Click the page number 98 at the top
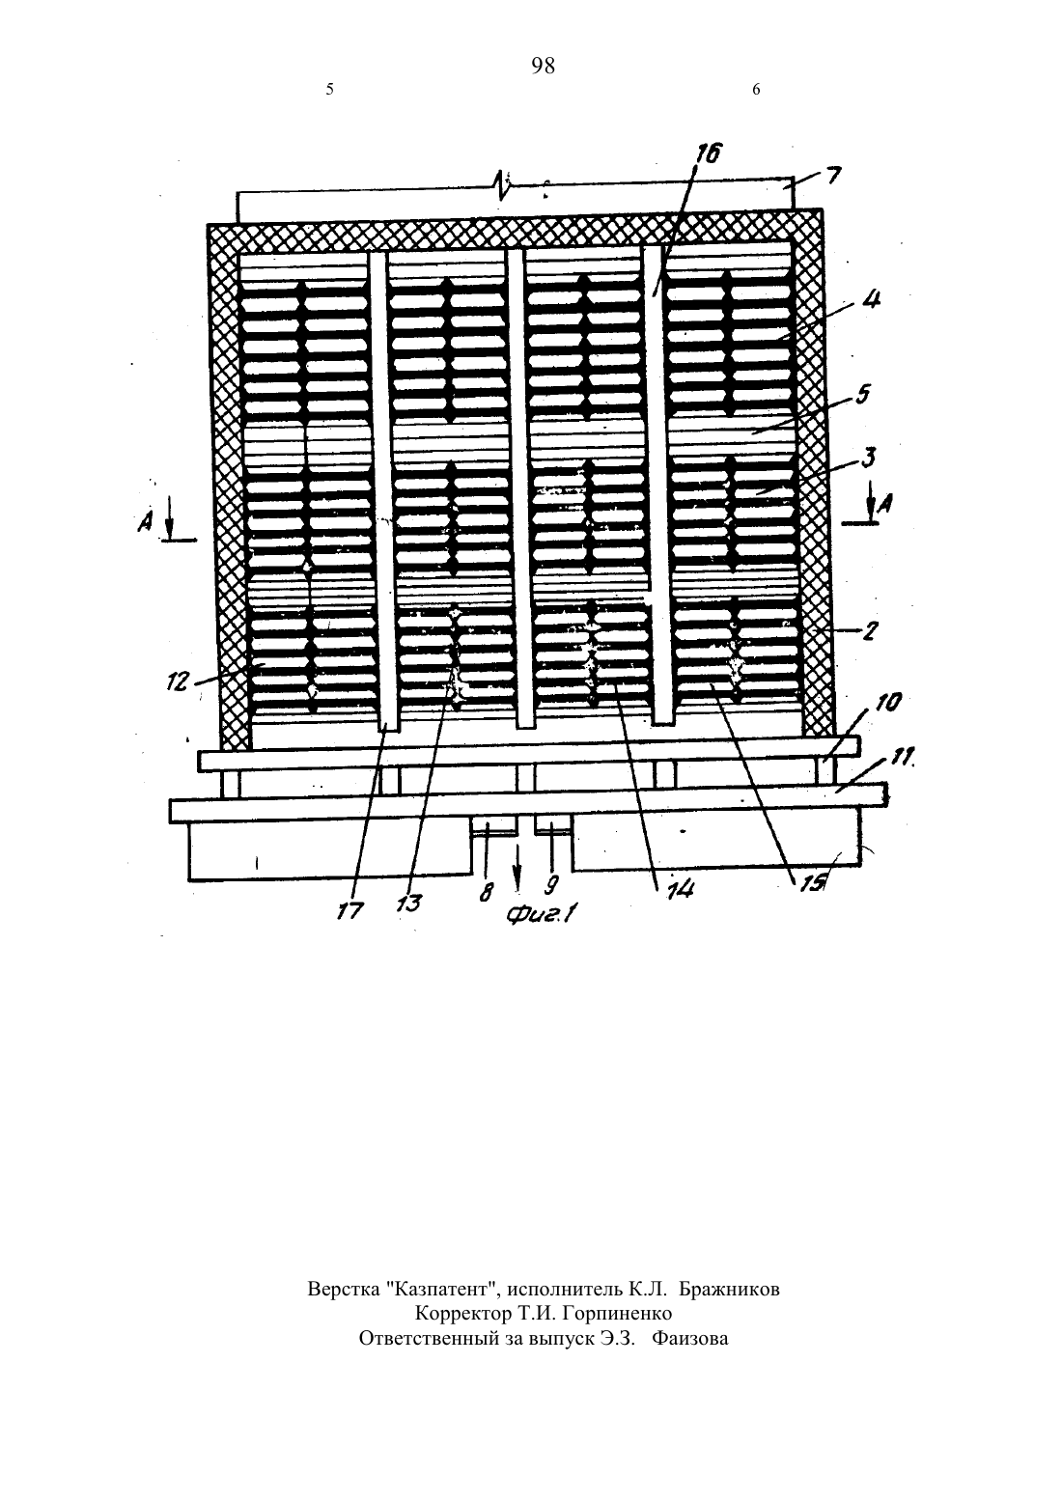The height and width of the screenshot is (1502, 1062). click(543, 66)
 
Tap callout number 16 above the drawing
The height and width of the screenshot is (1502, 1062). click(708, 154)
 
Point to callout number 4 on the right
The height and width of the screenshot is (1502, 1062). click(871, 299)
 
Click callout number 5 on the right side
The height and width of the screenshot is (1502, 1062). click(862, 394)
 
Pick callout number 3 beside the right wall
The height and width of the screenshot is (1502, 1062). click(868, 459)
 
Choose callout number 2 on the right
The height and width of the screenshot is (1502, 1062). click(870, 631)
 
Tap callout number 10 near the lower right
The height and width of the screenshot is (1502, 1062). click(887, 703)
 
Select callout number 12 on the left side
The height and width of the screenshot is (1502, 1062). click(178, 684)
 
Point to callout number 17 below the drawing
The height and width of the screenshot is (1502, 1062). click(350, 910)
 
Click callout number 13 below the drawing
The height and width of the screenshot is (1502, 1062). click(408, 903)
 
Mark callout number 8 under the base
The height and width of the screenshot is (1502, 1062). click(487, 893)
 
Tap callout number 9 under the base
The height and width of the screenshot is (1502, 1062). click(550, 885)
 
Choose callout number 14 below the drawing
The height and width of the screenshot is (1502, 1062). click(680, 890)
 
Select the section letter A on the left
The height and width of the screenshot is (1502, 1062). click(145, 521)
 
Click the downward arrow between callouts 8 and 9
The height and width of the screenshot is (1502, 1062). click(517, 865)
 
